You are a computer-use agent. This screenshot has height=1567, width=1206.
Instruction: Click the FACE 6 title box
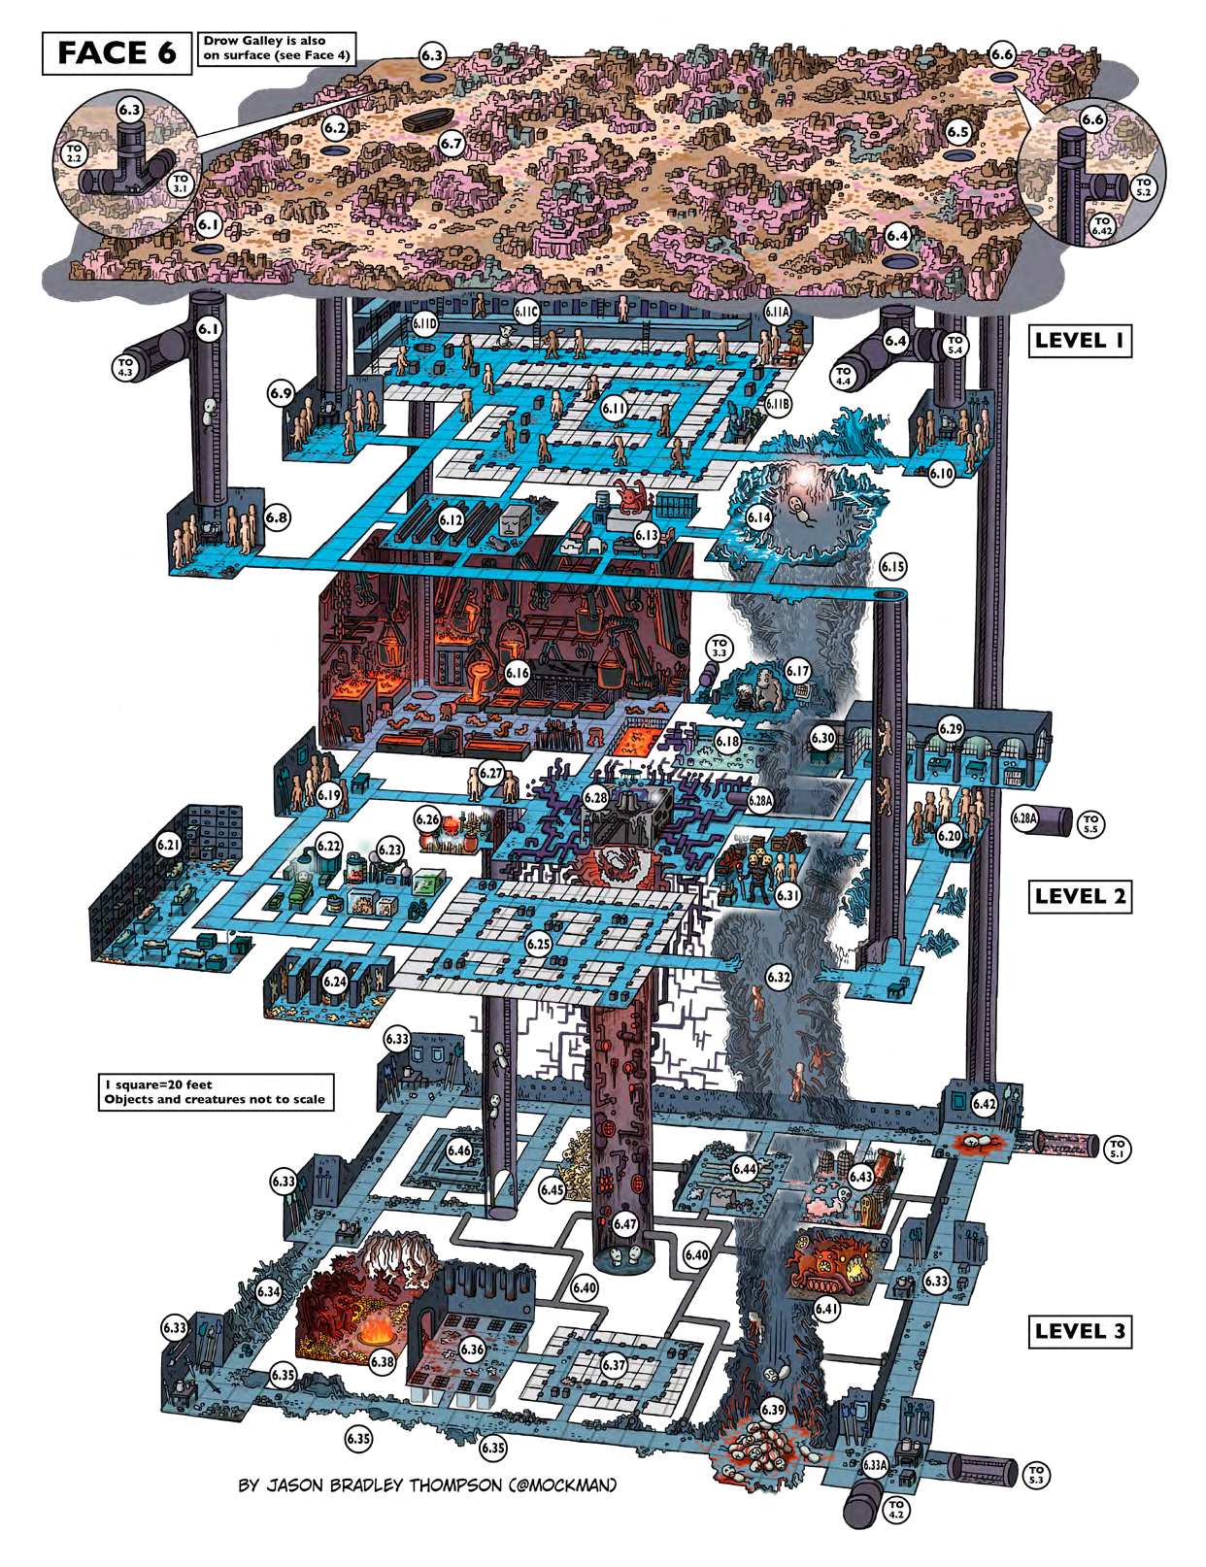click(117, 52)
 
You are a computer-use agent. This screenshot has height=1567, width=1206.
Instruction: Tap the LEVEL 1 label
click(1079, 341)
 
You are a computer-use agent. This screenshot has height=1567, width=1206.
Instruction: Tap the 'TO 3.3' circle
click(719, 648)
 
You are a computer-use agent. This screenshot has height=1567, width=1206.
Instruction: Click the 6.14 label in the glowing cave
click(758, 517)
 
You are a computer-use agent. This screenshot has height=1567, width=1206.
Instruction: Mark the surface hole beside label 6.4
click(898, 259)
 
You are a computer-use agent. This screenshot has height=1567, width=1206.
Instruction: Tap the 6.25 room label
click(539, 943)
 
